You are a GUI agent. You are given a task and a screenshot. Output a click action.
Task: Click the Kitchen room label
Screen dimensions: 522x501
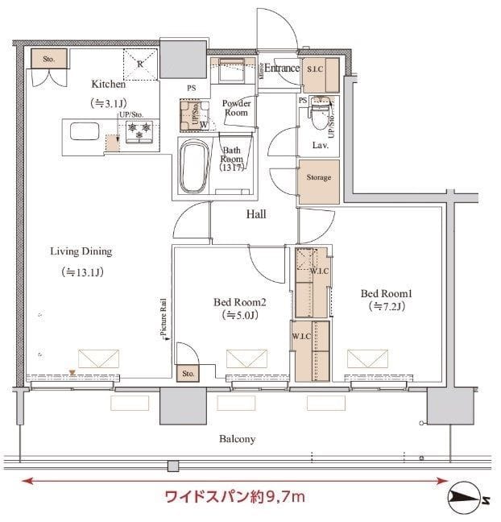[108, 84]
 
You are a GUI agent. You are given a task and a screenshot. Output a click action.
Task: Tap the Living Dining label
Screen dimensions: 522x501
[81, 251]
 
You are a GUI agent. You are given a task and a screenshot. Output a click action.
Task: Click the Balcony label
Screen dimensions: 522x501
[237, 439]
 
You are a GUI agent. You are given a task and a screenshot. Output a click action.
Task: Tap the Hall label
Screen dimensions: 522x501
[256, 214]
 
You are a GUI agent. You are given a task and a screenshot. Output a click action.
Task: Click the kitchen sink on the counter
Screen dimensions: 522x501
[81, 131]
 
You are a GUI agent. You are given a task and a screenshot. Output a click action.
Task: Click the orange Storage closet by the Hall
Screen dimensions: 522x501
[317, 177]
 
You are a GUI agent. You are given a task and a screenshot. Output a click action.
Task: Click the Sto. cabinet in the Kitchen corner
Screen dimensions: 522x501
[48, 59]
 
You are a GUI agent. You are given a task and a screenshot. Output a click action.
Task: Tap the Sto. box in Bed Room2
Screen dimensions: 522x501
[188, 374]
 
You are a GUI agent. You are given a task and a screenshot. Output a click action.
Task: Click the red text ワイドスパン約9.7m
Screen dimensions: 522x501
[234, 495]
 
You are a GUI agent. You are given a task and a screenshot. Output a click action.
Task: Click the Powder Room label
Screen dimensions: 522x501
[236, 108]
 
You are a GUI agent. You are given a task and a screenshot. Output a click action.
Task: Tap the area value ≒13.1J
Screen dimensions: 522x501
[81, 272]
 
